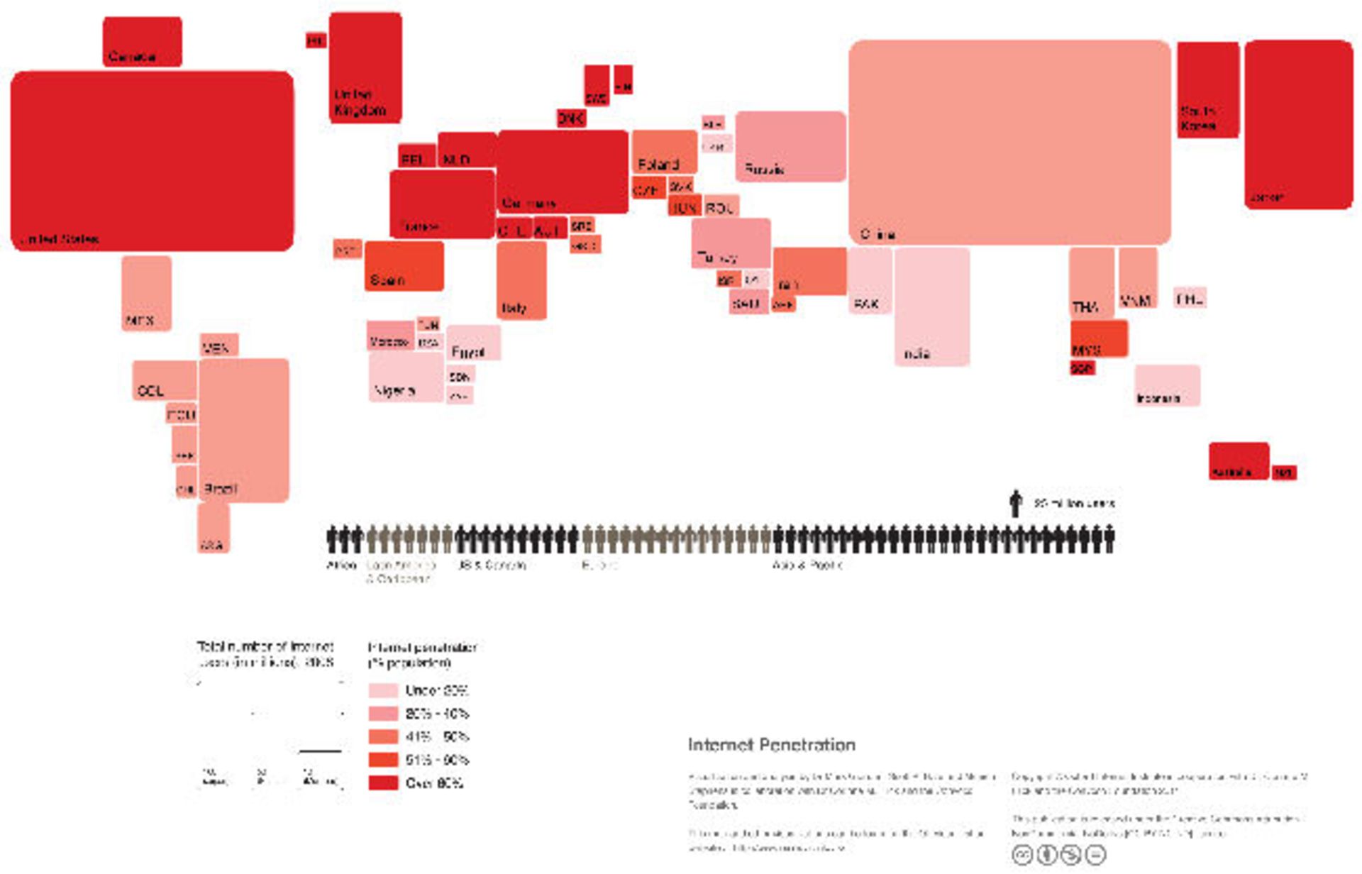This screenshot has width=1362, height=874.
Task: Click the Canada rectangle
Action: coord(142,41)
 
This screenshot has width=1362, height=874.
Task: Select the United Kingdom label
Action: coord(360,103)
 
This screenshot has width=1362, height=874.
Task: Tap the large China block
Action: coord(1009,142)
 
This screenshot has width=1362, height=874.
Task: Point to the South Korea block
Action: coord(1207,89)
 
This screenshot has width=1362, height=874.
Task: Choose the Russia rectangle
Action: coord(790,145)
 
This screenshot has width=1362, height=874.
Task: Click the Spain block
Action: coord(404,265)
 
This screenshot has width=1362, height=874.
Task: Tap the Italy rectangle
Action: coord(521,280)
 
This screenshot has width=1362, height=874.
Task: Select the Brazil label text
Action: coord(220,489)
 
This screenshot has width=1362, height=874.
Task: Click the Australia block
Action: coord(1238,460)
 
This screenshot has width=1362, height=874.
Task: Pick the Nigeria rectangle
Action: coord(405,376)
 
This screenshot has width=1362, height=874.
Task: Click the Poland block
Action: coord(664,151)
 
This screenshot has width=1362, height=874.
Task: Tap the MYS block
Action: coord(1098,338)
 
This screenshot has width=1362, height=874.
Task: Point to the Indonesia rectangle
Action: coord(1166,385)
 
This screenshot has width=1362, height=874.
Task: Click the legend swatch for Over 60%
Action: coord(383,782)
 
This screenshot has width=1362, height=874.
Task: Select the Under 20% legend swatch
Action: coord(383,690)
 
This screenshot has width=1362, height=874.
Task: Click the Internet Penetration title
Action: coord(771,745)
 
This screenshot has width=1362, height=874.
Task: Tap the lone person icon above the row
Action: coord(1015,503)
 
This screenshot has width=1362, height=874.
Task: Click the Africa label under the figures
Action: coord(340,565)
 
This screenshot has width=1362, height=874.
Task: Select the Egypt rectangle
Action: coord(473,342)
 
